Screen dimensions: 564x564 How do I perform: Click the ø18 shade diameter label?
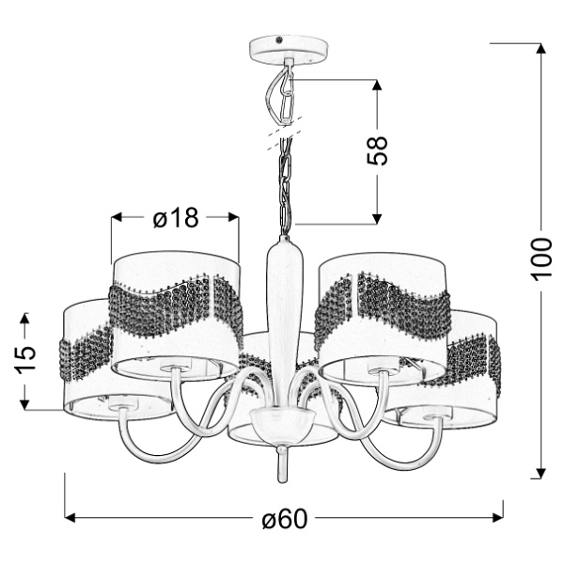[x=176, y=218]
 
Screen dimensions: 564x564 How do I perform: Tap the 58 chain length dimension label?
[x=377, y=151]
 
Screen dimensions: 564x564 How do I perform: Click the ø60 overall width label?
[x=285, y=519]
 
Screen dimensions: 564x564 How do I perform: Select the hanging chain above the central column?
[x=284, y=188]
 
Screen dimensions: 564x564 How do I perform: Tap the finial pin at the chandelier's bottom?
[x=281, y=463]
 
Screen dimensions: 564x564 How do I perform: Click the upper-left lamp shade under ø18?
[x=176, y=310]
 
